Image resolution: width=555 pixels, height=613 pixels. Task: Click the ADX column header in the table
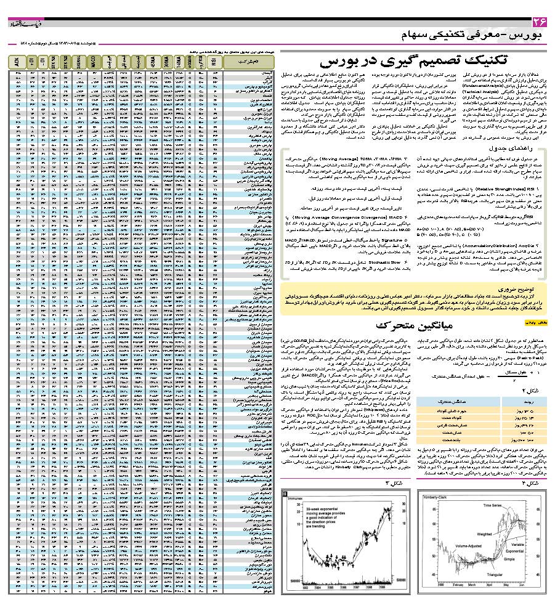[x=16, y=62]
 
